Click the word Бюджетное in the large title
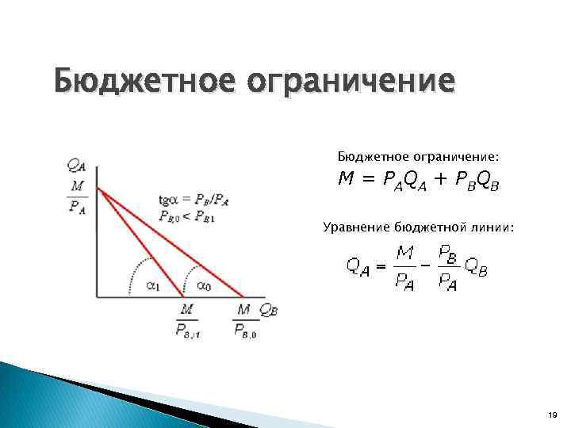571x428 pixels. pyautogui.click(x=134, y=82)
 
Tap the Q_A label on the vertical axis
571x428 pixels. pyautogui.click(x=78, y=165)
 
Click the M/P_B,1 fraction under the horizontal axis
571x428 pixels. pyautogui.click(x=187, y=320)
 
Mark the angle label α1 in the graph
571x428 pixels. pyautogui.click(x=155, y=287)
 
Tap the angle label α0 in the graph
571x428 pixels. pyautogui.click(x=204, y=287)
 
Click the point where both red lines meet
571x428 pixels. pyautogui.click(x=98, y=188)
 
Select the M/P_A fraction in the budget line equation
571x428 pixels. pyautogui.click(x=406, y=267)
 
